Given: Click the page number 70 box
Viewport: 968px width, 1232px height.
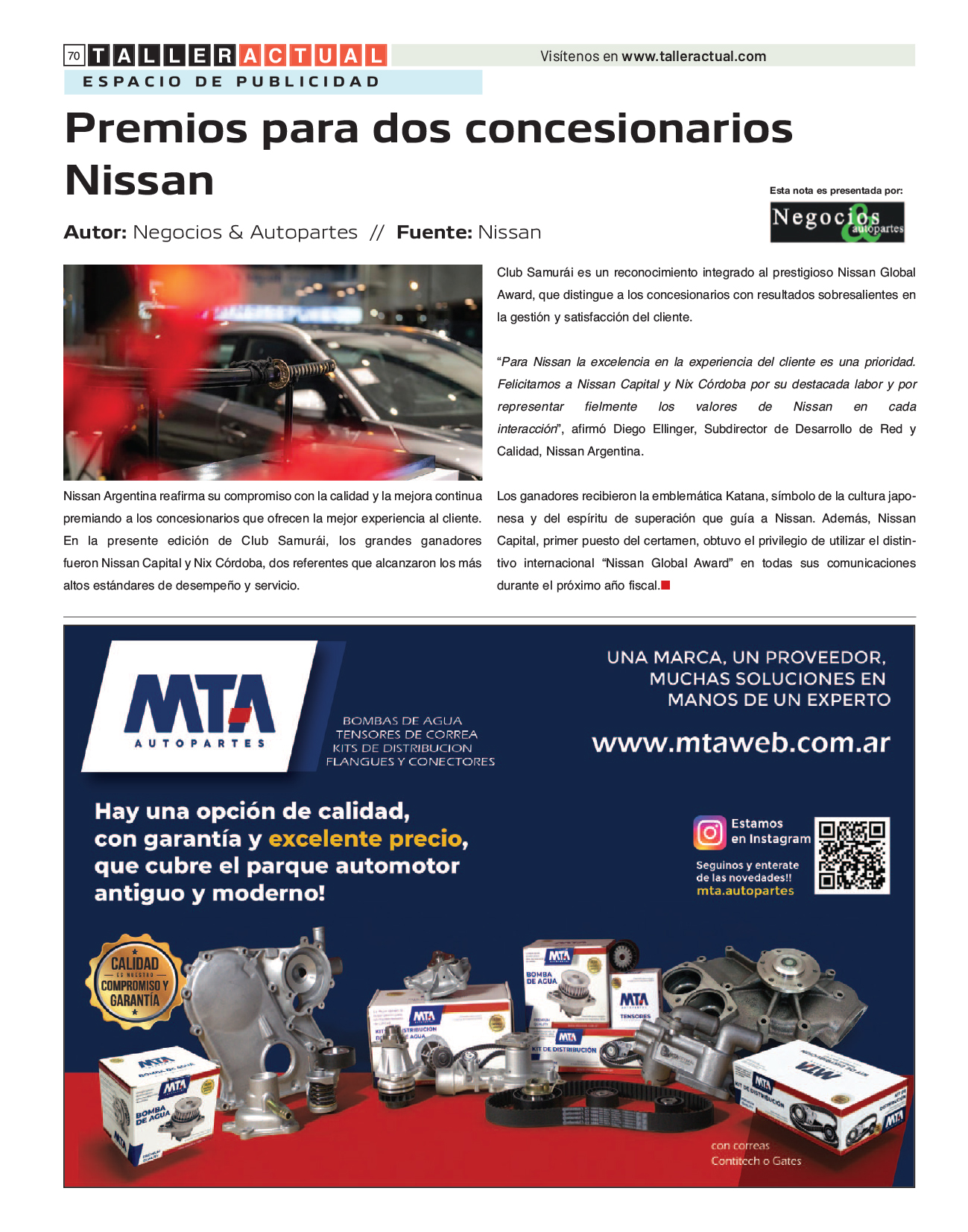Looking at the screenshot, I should (x=74, y=56).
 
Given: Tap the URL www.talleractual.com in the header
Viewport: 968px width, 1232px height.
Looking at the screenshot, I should (x=694, y=57).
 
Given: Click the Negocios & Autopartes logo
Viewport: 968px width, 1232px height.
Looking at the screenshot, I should (x=837, y=223).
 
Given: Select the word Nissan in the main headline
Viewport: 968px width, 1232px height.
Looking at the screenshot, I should (x=139, y=180).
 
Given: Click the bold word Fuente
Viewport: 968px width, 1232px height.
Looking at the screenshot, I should (x=434, y=233).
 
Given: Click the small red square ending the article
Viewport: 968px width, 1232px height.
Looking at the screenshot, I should (x=665, y=586).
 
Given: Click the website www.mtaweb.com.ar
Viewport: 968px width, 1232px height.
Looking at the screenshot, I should (x=741, y=743).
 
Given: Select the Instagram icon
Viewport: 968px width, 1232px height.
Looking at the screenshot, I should (x=709, y=833).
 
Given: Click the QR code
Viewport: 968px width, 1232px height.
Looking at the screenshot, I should (x=852, y=855).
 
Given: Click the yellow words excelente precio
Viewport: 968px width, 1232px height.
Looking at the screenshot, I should (x=366, y=839).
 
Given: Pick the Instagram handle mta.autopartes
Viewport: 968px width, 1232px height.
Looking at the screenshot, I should (x=745, y=891).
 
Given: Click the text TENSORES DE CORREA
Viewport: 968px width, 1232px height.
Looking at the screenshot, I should (x=406, y=735).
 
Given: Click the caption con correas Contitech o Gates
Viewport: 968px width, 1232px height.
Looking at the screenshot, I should (x=756, y=1154).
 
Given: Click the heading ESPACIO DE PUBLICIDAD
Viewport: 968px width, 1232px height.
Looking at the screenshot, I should (x=231, y=82).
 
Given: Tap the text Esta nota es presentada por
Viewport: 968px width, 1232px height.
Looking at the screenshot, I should (x=836, y=191).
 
